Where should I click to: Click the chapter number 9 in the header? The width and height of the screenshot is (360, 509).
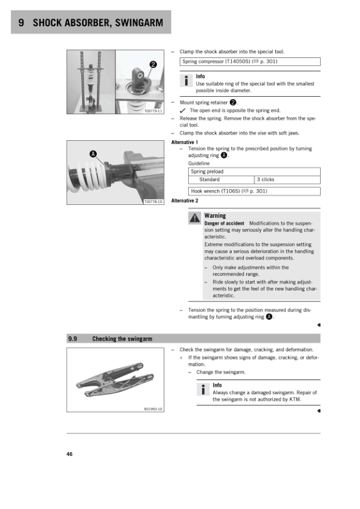(21, 22)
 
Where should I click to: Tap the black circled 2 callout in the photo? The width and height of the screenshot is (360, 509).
(153, 65)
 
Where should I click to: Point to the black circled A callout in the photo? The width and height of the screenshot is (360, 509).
(93, 154)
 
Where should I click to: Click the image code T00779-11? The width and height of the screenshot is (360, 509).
(153, 111)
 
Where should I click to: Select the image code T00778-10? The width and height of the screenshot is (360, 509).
(153, 201)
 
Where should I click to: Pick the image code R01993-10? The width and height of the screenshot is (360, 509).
(153, 409)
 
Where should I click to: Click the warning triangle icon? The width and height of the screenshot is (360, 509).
(195, 218)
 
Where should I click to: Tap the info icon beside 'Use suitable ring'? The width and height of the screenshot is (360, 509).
(186, 80)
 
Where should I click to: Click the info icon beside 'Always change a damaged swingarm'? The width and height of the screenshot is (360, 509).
(203, 389)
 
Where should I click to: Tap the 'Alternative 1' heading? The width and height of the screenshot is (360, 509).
(185, 142)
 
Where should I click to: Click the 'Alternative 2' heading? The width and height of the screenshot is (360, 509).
(185, 201)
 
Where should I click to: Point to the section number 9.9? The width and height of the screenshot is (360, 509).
(73, 339)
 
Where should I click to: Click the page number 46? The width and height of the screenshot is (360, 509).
(69, 454)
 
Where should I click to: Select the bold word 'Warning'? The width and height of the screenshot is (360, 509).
(215, 216)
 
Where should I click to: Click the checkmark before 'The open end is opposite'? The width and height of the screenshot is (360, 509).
(183, 111)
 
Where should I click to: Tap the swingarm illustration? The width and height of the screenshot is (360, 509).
(116, 379)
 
